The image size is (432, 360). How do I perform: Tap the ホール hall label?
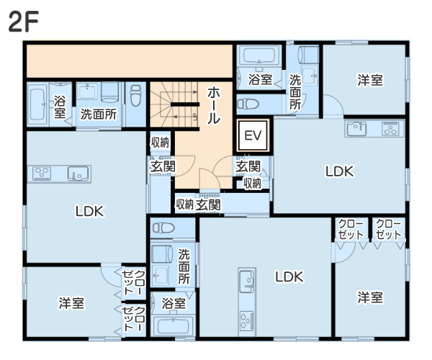[x=214, y=106]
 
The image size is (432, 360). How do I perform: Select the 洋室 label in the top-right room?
[x=369, y=81]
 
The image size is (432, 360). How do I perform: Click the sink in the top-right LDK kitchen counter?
[x=356, y=130]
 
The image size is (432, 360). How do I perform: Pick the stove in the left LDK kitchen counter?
[x=42, y=174]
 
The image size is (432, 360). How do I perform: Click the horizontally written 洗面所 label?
[x=97, y=113]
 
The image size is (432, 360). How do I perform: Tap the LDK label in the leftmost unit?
[x=90, y=212]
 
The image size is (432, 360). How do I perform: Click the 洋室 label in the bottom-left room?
[x=71, y=304]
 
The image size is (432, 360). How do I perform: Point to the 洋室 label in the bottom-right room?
[x=369, y=297]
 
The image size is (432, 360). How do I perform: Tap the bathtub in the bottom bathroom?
[x=173, y=325]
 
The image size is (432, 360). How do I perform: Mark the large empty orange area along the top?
[x=130, y=60]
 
